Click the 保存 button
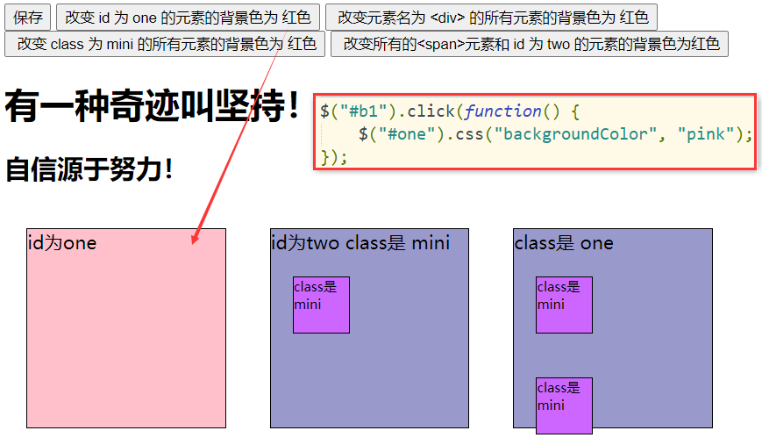point(28,18)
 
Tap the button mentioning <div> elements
point(491,18)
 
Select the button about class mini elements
point(165,44)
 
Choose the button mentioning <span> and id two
point(530,44)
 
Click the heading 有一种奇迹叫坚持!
point(153,107)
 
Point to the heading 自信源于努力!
point(89,169)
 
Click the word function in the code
point(503,111)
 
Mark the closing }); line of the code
point(334,157)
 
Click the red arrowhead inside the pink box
point(195,238)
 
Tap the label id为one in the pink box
point(62,243)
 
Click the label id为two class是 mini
point(360,243)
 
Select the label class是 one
point(564,243)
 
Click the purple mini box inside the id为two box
point(321,305)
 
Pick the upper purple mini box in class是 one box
point(564,305)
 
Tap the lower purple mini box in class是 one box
point(564,406)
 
